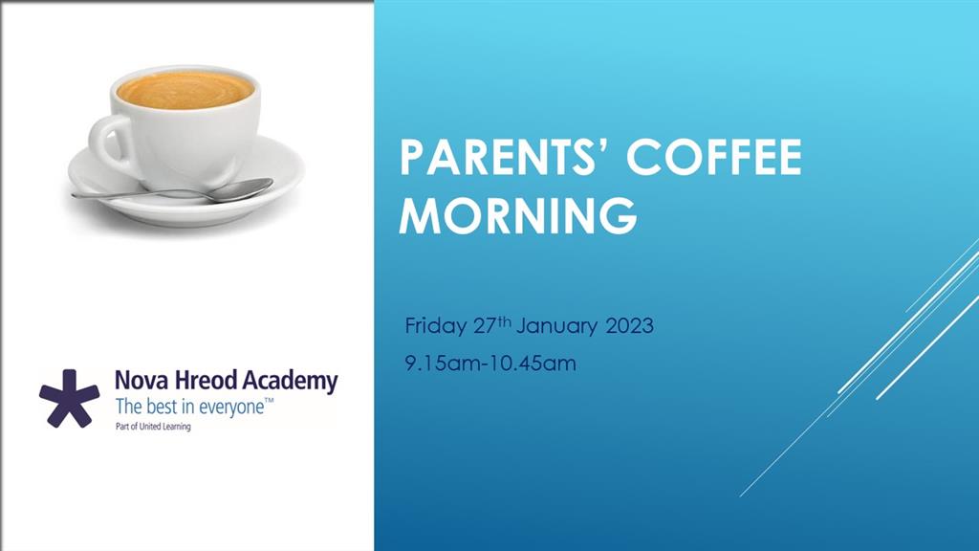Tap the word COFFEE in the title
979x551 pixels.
[x=713, y=158]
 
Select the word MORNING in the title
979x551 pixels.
[x=518, y=215]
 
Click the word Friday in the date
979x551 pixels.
[x=435, y=325]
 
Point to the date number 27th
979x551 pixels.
[x=492, y=325]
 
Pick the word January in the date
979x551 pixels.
[x=557, y=326]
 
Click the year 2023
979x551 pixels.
[x=629, y=325]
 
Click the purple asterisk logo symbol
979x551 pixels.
[x=69, y=398]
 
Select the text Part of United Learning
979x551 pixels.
[x=153, y=427]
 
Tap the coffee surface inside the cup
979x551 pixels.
[x=185, y=90]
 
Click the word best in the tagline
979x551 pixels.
[x=161, y=407]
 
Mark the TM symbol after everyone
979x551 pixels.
[x=269, y=401]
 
